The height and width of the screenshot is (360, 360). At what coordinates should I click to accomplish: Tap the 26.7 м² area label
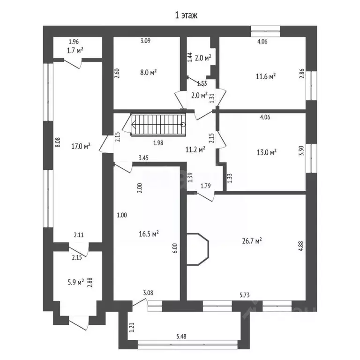[252, 241]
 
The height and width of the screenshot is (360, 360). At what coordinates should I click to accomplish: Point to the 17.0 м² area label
[81, 146]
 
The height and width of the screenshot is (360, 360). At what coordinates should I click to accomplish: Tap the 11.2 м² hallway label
[196, 150]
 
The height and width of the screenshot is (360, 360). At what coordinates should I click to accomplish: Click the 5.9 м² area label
[75, 282]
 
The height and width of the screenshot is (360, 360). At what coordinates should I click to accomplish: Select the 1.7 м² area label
[75, 51]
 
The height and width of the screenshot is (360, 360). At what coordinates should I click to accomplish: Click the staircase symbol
[158, 125]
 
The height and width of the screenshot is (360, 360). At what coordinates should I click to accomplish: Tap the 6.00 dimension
[175, 248]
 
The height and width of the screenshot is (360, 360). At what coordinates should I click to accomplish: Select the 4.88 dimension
[300, 247]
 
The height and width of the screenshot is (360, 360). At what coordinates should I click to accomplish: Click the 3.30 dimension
[300, 152]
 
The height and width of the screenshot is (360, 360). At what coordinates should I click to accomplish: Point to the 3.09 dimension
[145, 41]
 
